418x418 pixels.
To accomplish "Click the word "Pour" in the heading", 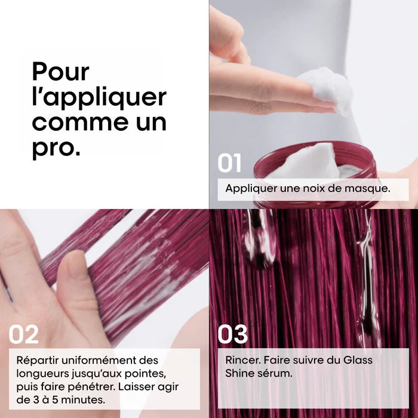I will click(60, 72).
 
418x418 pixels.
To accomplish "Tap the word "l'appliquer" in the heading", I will click(99, 98).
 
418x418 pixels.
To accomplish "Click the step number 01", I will click(229, 163).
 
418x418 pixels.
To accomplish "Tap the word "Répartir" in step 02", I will click(38, 361).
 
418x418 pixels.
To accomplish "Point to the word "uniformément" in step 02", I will click(99, 361).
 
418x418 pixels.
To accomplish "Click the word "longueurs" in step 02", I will click(41, 374).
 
